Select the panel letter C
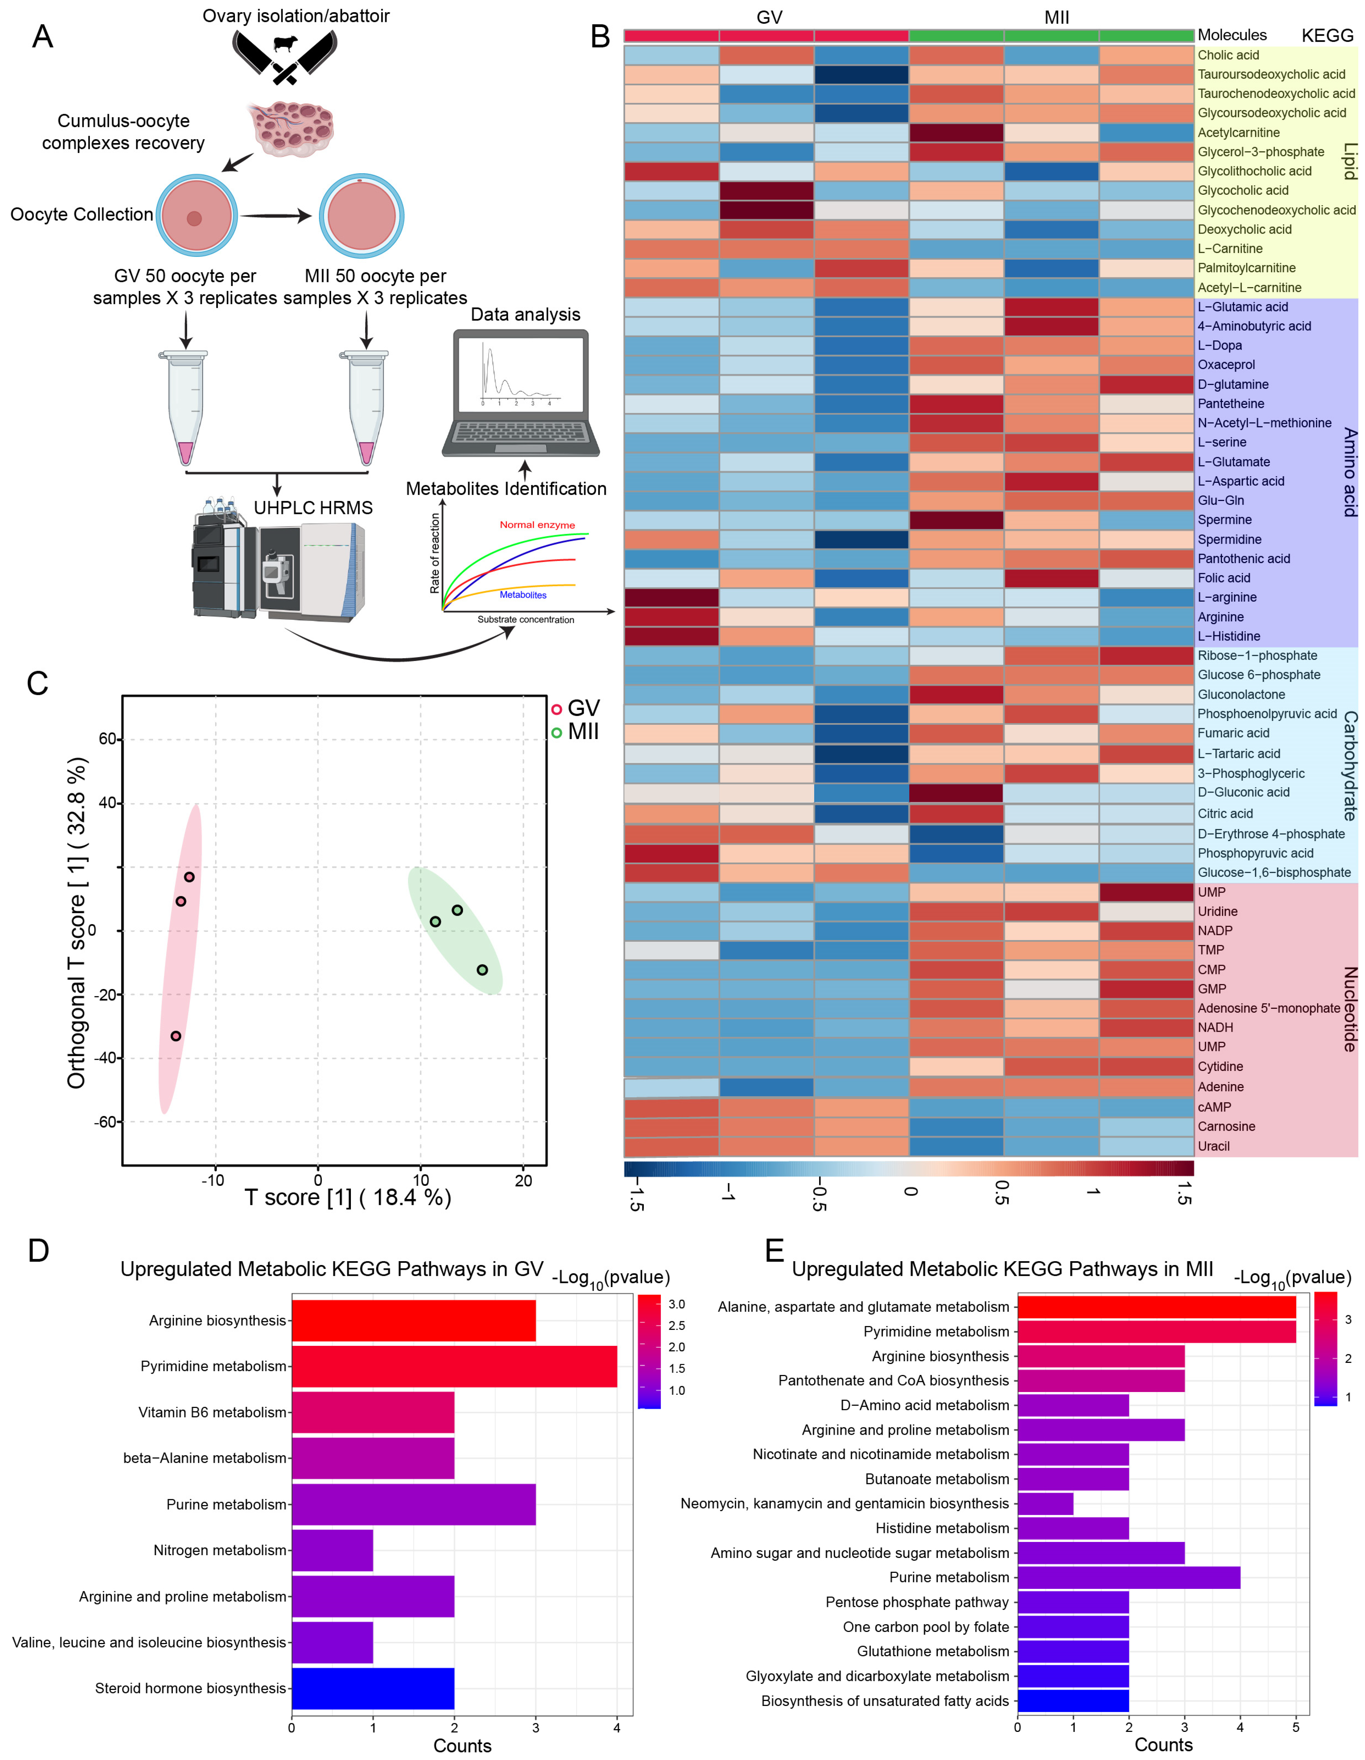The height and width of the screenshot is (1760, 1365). tap(38, 684)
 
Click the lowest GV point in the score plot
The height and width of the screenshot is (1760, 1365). tap(176, 1036)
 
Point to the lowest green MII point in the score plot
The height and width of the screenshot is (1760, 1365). tap(482, 970)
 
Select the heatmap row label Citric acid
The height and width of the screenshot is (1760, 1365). tap(1225, 814)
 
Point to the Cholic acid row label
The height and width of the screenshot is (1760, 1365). tap(1228, 55)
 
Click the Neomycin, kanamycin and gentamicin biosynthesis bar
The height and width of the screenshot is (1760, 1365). tap(1045, 1504)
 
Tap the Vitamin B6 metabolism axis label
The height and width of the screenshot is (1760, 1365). tap(212, 1413)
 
